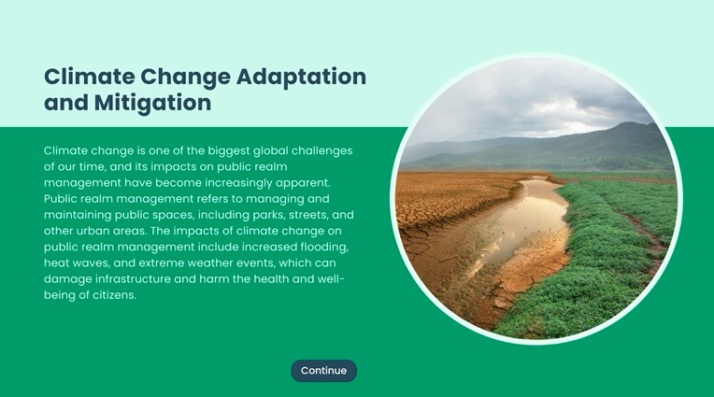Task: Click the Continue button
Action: pos(323,371)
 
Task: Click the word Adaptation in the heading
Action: pos(301,77)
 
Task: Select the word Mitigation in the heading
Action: pos(152,103)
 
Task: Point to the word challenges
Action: pos(321,150)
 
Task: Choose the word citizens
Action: pos(115,295)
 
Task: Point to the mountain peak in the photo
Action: pos(628,124)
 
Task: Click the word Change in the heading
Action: pos(185,77)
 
